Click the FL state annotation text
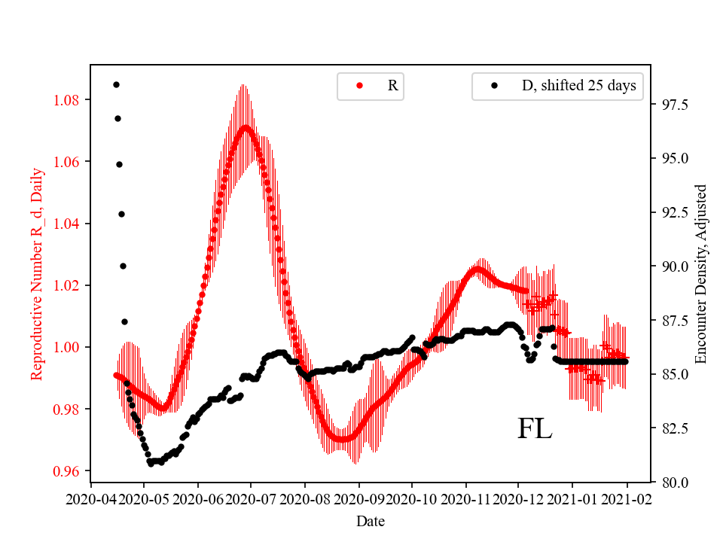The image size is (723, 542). pos(535,429)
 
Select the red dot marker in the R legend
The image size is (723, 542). pos(359,86)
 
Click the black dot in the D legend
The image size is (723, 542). pos(495,86)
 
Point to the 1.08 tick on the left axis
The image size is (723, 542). pos(70,100)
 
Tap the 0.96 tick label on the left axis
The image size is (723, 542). pos(70,471)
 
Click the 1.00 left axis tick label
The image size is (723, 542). pos(70,347)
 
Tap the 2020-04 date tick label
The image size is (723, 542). pos(91,499)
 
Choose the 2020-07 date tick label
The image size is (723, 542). pos(251,499)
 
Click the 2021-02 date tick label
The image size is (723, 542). pos(626,499)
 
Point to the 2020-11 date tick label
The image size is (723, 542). pos(466,499)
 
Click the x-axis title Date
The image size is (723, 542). pos(370,520)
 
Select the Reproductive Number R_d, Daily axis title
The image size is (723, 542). pos(36,273)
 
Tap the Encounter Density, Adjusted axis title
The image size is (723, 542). pos(701,273)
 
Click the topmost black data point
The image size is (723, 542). pos(116,84)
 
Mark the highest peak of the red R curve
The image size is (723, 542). pos(245,126)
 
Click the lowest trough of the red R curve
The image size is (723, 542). pos(343,439)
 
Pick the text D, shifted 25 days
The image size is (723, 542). pos(579,86)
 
